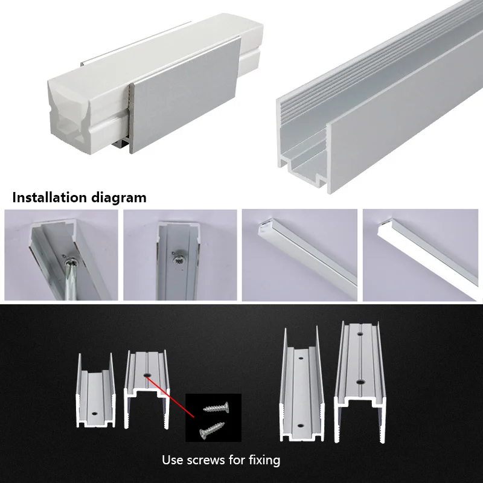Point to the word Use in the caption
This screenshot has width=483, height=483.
(x=173, y=460)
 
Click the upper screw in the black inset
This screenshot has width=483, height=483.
(x=216, y=407)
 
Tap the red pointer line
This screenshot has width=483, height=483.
(x=170, y=397)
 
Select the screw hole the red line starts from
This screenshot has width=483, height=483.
(x=147, y=375)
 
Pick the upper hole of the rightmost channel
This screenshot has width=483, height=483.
(x=360, y=333)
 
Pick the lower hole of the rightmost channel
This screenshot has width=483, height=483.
(x=360, y=382)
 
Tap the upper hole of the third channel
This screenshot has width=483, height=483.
(x=301, y=359)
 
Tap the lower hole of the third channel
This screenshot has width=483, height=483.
(x=300, y=426)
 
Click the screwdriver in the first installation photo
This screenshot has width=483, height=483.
(x=69, y=280)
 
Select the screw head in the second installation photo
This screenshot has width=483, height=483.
(x=178, y=259)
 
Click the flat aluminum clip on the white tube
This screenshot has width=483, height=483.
(x=185, y=95)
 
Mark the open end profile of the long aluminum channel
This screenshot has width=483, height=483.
(x=304, y=154)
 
